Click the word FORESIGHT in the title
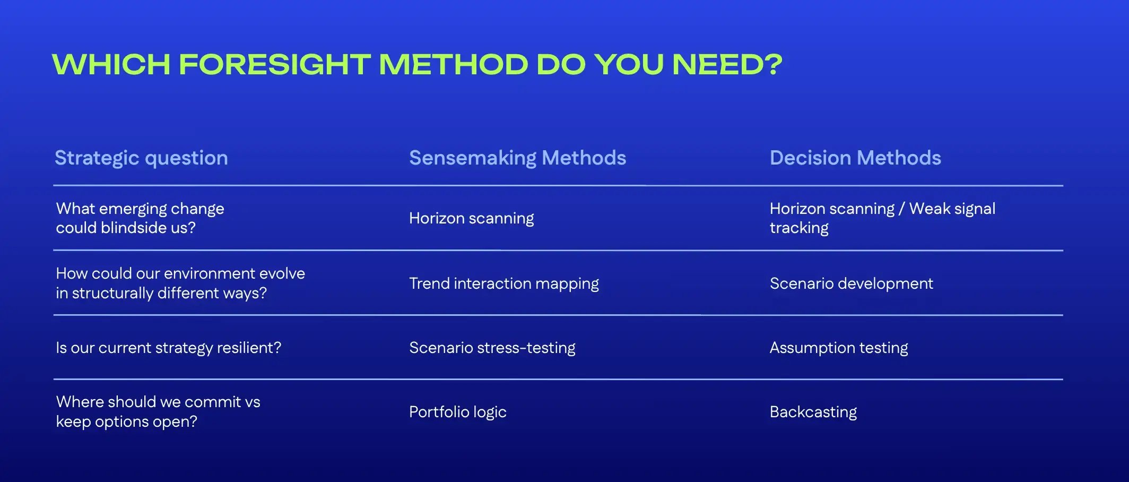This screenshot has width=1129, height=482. (274, 65)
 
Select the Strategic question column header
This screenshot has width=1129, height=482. (141, 158)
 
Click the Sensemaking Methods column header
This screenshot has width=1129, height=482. (517, 158)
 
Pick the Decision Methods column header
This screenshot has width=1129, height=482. (855, 158)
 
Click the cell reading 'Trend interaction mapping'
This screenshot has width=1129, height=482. (503, 283)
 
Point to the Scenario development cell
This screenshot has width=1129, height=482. (851, 283)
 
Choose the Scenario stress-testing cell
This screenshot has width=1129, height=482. (492, 348)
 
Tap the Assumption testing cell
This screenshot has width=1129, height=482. (838, 348)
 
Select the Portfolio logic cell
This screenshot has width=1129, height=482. (457, 412)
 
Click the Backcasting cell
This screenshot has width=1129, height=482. (813, 412)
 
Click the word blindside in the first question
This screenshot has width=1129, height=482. (134, 228)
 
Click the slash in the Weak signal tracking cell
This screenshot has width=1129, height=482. (901, 209)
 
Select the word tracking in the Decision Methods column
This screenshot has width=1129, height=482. (798, 228)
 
